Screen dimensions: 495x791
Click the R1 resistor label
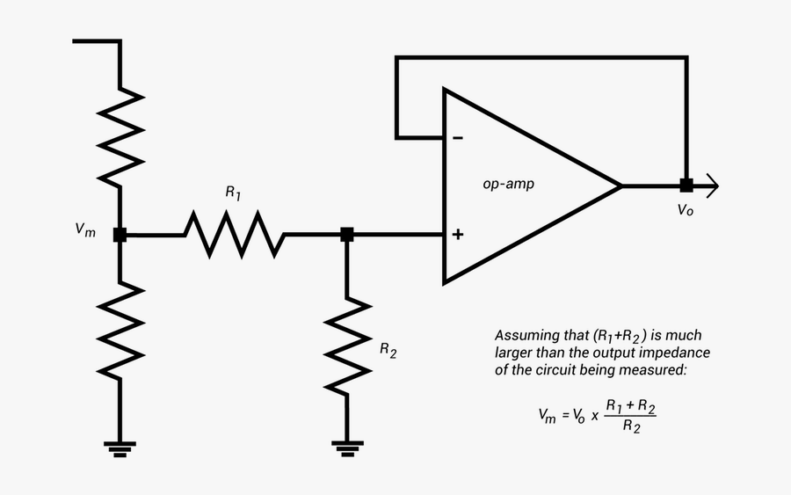pyautogui.click(x=233, y=193)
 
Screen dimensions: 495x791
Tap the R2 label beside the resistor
pyautogui.click(x=388, y=349)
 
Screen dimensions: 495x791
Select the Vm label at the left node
pyautogui.click(x=85, y=229)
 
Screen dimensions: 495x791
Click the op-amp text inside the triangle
pyautogui.click(x=508, y=185)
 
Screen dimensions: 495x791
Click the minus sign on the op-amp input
pyautogui.click(x=458, y=138)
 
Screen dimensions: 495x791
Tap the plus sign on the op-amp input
pyautogui.click(x=458, y=235)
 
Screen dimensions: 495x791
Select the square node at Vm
pyautogui.click(x=120, y=235)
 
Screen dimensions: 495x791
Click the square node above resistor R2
pyautogui.click(x=347, y=235)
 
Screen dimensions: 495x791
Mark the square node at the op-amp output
pyautogui.click(x=686, y=186)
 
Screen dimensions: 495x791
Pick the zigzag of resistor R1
pyautogui.click(x=234, y=235)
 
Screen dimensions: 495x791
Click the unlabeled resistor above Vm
pyautogui.click(x=120, y=136)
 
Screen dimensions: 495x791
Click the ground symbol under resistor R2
pyautogui.click(x=347, y=448)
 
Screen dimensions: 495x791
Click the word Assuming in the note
pyautogui.click(x=525, y=336)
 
